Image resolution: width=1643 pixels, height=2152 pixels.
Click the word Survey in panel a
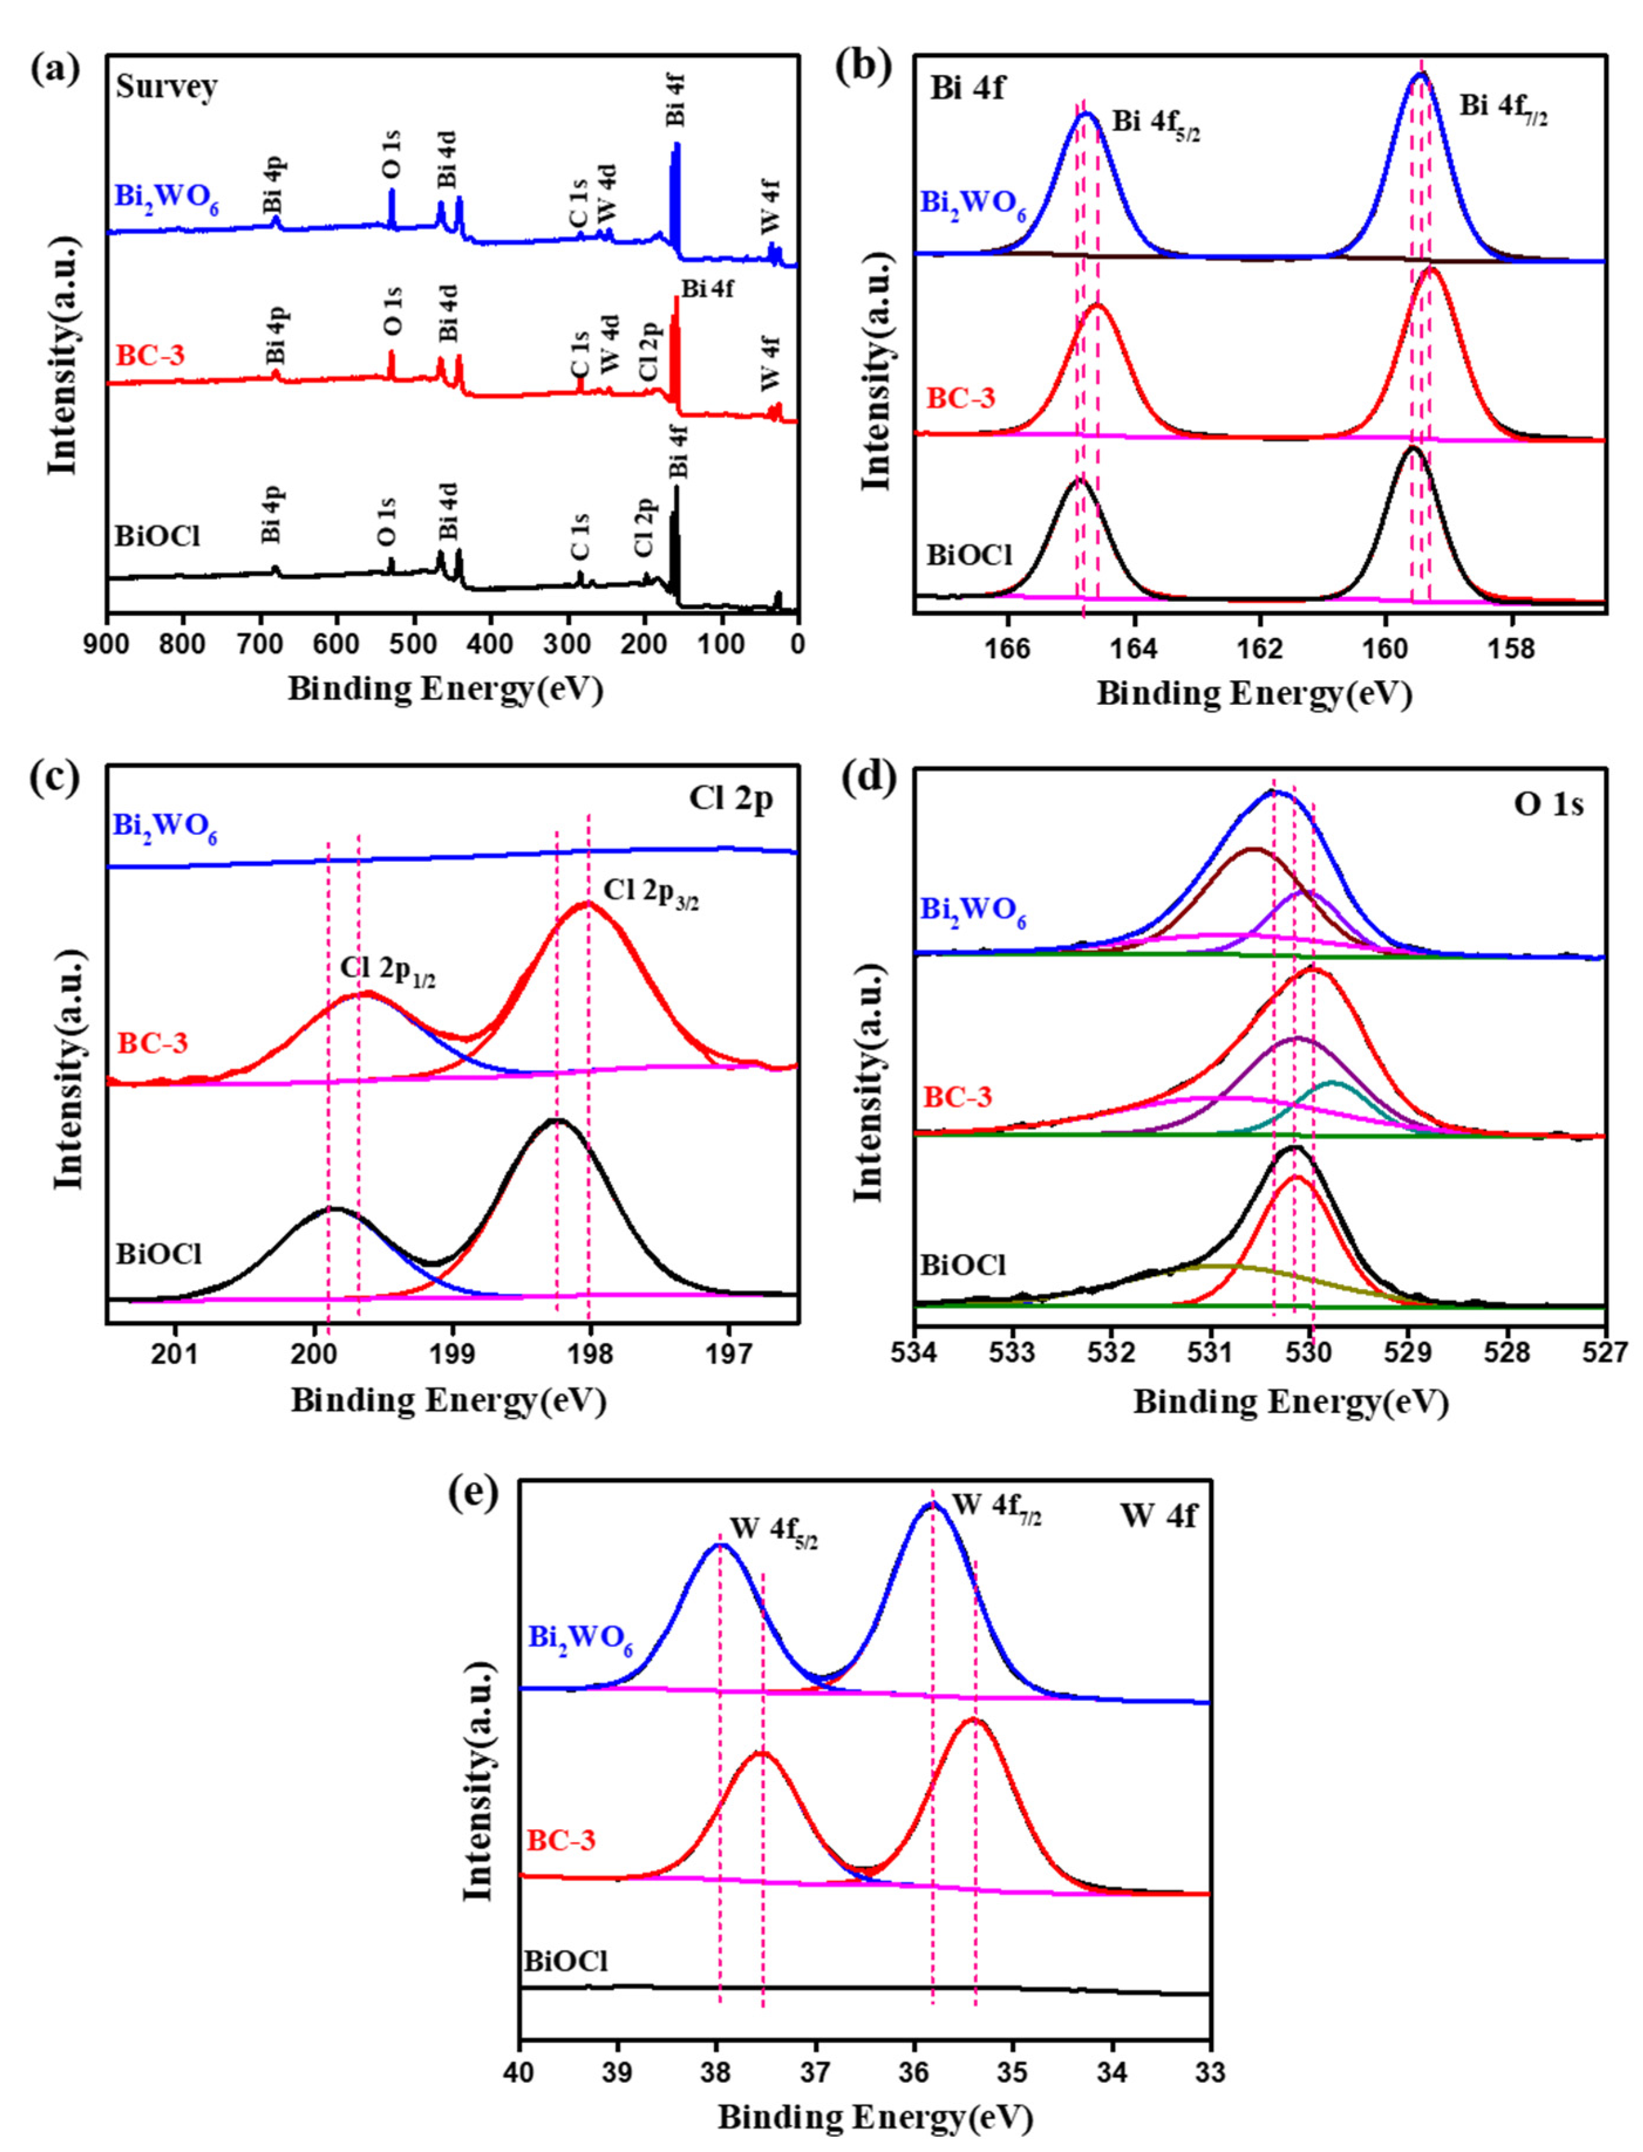166,87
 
